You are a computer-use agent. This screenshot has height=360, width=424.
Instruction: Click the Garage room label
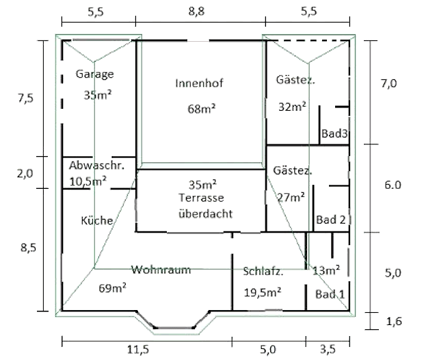[x=95, y=75]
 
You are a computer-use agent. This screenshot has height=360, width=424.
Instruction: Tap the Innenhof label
[x=200, y=83]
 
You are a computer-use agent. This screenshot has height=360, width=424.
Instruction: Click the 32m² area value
[x=292, y=106]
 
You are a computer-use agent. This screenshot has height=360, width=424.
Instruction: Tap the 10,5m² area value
[x=88, y=181]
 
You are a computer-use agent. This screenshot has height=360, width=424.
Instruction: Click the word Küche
[x=96, y=220]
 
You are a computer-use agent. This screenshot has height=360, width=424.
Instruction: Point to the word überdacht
[x=205, y=213]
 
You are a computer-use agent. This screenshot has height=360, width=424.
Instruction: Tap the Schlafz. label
[x=263, y=271]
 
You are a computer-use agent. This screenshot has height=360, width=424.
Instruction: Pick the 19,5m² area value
[x=263, y=293]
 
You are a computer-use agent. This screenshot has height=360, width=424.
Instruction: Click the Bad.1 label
[x=330, y=294]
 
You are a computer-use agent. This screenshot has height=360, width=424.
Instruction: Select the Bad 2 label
[x=330, y=220]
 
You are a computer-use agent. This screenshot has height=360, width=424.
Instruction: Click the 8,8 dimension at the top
[x=201, y=12]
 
